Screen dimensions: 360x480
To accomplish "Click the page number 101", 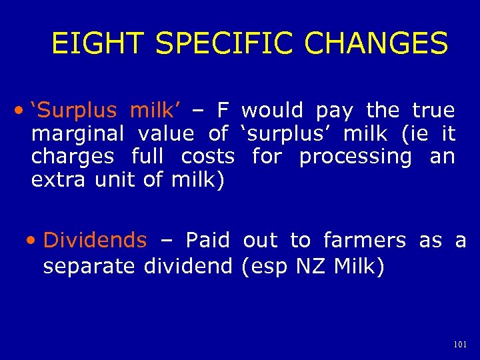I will click(x=459, y=345).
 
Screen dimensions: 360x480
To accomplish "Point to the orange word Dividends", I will click(x=95, y=240).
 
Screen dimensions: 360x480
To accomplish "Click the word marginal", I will click(x=77, y=134).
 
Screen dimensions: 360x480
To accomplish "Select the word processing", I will click(x=355, y=157).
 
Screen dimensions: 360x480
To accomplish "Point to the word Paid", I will click(x=207, y=240).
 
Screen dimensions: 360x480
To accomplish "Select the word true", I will click(x=433, y=111).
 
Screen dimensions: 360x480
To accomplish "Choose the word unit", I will click(x=113, y=180).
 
